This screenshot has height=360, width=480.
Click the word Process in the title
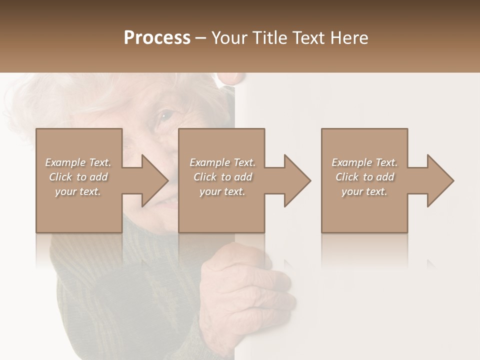point(157,38)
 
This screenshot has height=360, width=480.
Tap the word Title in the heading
point(268,38)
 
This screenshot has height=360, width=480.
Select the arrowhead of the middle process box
point(296,180)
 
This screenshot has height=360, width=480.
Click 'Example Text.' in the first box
point(78,162)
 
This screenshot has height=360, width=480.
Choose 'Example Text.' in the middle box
point(222,162)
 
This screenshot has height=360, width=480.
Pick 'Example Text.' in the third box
point(364,162)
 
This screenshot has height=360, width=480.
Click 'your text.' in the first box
point(78,191)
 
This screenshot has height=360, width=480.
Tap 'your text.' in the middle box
point(222,191)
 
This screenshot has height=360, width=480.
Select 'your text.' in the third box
point(364,191)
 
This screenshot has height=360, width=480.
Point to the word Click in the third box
point(347,177)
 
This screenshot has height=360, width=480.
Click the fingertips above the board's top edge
point(233,79)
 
